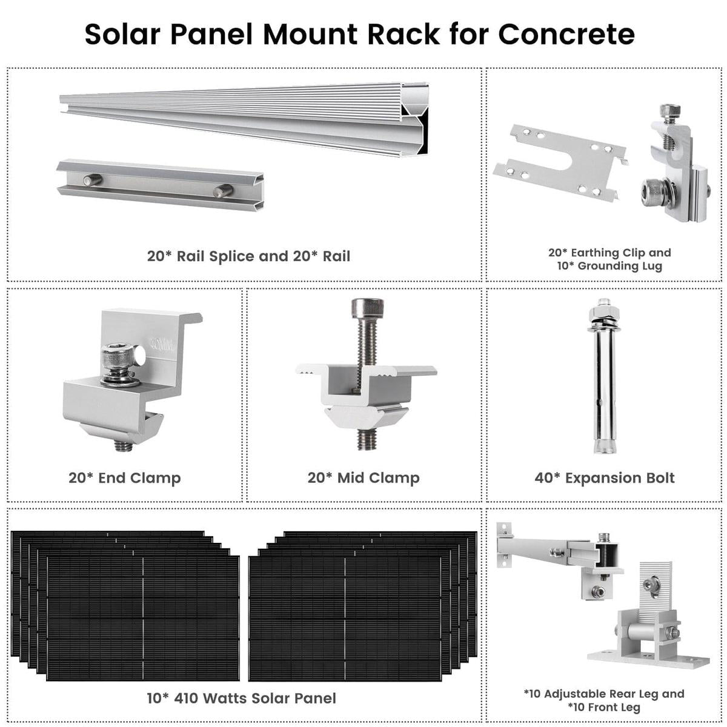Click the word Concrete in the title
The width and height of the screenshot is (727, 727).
click(566, 35)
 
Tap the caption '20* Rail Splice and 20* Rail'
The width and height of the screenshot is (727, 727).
click(248, 256)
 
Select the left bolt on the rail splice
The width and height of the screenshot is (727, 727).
click(92, 180)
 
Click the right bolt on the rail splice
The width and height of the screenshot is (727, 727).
click(222, 191)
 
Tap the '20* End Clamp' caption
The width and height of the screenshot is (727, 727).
click(124, 478)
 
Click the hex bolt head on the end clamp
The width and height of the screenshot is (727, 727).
click(115, 356)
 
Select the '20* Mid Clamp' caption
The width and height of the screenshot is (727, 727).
click(363, 478)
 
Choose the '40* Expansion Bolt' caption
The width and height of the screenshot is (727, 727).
click(604, 478)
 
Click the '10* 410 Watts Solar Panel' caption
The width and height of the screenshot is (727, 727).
click(241, 699)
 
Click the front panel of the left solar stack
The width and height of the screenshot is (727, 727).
click(142, 618)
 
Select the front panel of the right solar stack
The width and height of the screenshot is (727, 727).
click(345, 618)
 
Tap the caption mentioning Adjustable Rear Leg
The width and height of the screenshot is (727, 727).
click(604, 694)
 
